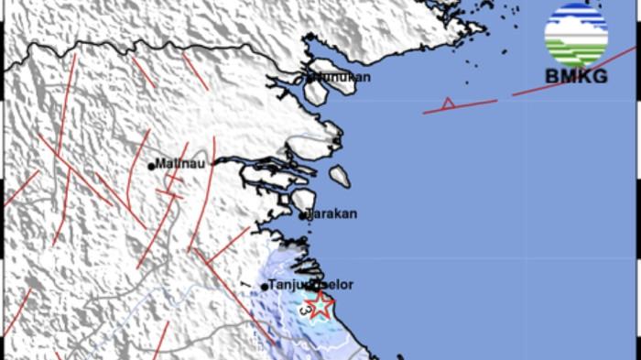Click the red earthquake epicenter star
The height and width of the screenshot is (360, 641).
point(320,306)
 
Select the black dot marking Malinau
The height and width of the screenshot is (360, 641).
point(152,166)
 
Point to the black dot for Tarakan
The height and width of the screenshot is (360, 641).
point(303,216)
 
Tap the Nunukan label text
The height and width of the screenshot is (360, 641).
point(341,78)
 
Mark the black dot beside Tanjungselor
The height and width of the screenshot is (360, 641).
point(265,287)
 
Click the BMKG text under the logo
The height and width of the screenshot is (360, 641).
point(576,77)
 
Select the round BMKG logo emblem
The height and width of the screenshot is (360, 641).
point(576,35)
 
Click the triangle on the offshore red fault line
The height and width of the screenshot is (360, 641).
point(448,104)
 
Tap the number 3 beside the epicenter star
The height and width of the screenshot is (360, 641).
point(305,311)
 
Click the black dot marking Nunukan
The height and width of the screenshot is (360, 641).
point(308,77)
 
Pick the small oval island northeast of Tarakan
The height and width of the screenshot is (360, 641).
point(340,175)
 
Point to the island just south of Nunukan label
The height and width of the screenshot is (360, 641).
point(317,93)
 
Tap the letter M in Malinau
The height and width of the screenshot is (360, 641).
point(160,165)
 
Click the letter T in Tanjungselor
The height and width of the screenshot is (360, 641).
point(273,285)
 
